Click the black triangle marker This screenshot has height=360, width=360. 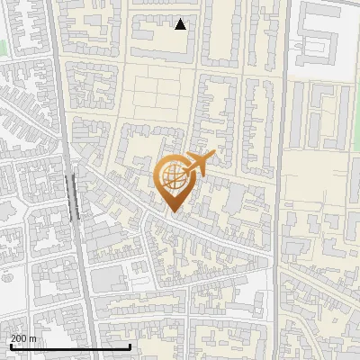pyautogui.click(x=181, y=24)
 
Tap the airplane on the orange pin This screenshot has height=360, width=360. pyautogui.click(x=200, y=164)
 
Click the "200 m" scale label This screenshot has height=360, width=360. pyautogui.click(x=23, y=338)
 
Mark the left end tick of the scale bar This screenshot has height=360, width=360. pyautogui.click(x=10, y=346)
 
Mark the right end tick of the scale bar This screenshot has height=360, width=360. pyautogui.click(x=130, y=346)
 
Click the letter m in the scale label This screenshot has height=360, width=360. pyautogui.click(x=33, y=338)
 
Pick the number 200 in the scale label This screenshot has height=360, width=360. pyautogui.click(x=18, y=338)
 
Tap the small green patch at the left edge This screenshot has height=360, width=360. pyautogui.click(x=3, y=44)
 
